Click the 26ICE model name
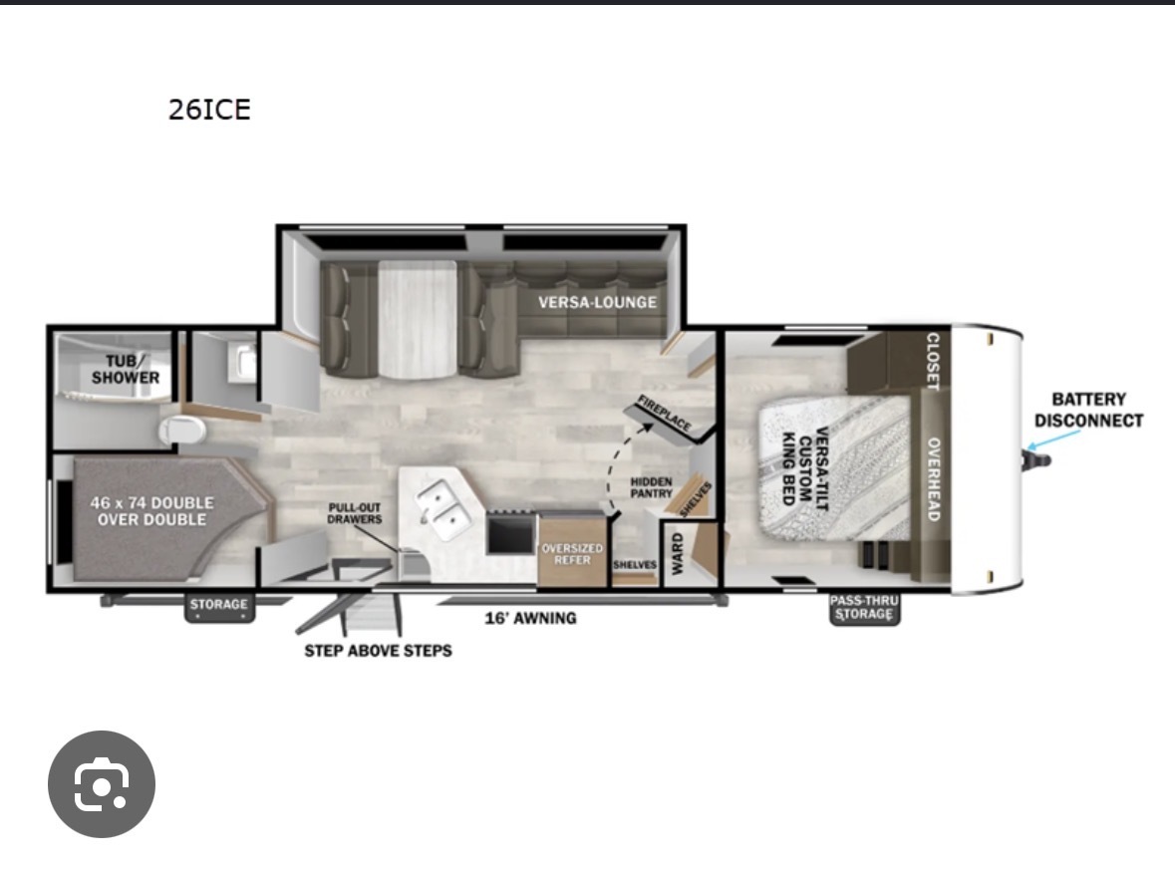(209, 110)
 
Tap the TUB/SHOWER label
(126, 370)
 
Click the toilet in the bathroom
(182, 431)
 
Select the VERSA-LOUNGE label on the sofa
(597, 302)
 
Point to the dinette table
(418, 320)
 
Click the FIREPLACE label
(664, 413)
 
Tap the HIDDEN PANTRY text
(651, 487)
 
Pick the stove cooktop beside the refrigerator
(511, 533)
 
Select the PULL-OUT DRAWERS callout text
(355, 513)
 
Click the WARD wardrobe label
(678, 554)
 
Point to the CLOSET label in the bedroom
(933, 362)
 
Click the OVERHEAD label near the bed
(934, 479)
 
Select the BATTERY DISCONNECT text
(1089, 410)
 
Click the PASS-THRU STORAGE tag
(864, 608)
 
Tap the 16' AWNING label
(530, 619)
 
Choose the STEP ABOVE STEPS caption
(378, 651)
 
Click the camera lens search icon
(102, 784)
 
